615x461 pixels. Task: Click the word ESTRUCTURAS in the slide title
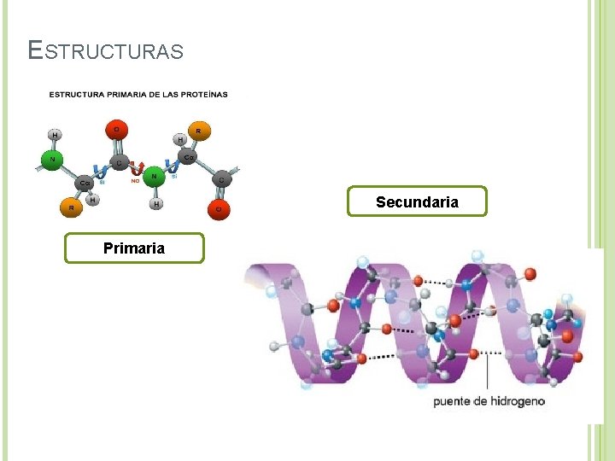click(x=105, y=51)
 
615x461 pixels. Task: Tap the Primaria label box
click(x=134, y=248)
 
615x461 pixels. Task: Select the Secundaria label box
click(x=417, y=202)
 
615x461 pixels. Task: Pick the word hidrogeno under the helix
click(x=516, y=400)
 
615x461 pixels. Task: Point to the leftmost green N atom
click(x=53, y=159)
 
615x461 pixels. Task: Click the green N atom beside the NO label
click(x=154, y=177)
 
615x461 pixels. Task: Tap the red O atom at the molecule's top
click(x=116, y=130)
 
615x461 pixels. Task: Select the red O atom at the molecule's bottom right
click(x=219, y=208)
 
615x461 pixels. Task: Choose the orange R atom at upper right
click(x=199, y=131)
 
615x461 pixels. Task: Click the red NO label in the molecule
click(x=135, y=180)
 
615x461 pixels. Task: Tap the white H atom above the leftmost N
click(x=55, y=135)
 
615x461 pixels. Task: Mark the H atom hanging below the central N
click(x=157, y=204)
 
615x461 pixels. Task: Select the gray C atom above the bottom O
click(x=221, y=179)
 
